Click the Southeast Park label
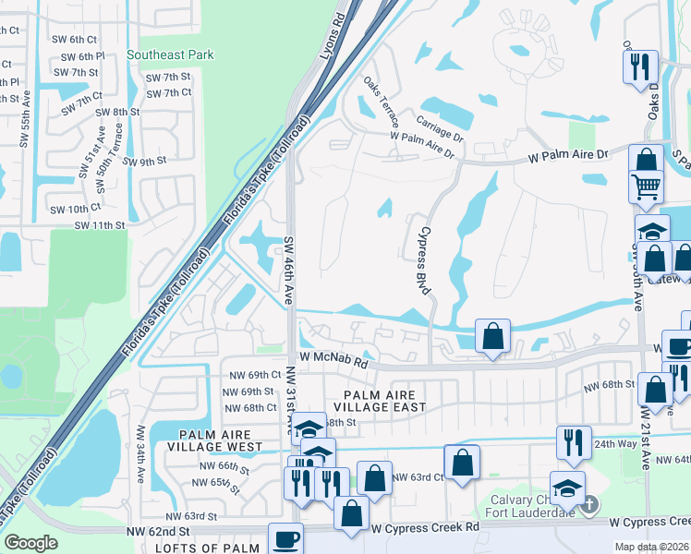click(x=171, y=55)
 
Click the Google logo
click(x=30, y=542)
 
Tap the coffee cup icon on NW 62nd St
click(x=285, y=538)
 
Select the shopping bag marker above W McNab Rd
click(x=493, y=335)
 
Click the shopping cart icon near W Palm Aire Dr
click(x=647, y=187)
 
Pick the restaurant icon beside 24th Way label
click(x=574, y=442)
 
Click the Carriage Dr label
click(x=439, y=122)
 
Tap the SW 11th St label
click(x=100, y=225)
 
